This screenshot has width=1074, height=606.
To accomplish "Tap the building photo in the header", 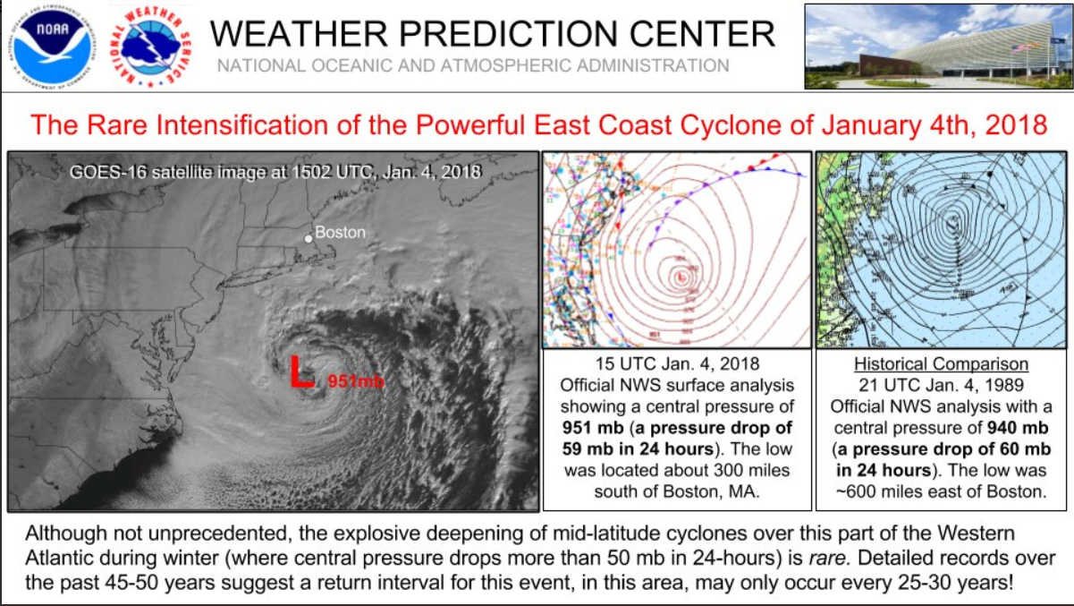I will click(937, 46).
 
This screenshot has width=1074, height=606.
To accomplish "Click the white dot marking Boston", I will click(309, 238).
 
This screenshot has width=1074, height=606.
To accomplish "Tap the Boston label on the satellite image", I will click(341, 233).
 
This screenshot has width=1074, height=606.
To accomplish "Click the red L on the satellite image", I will click(301, 371).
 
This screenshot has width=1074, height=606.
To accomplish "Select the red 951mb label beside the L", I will click(356, 381).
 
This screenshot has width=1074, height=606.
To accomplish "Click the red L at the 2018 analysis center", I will click(681, 277).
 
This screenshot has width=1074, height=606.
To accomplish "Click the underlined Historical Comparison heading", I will click(941, 365).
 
